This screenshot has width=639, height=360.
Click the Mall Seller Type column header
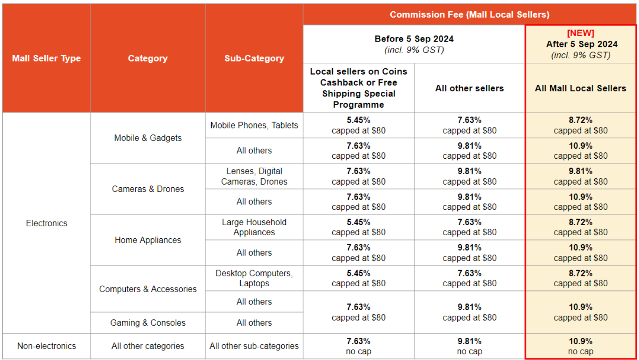point(47,58)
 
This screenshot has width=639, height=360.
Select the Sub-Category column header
point(254,58)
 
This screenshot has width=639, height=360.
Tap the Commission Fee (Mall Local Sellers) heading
point(469,14)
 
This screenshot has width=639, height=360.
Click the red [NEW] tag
point(580,33)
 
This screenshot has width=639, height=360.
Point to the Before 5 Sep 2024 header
point(414,39)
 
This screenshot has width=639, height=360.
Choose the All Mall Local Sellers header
point(580,88)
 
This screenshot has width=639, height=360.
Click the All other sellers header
point(469,88)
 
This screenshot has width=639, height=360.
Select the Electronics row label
point(47,223)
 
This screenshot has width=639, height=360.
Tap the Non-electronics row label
point(47,346)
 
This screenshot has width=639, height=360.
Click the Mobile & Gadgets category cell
point(148,138)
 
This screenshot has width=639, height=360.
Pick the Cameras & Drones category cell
point(148,189)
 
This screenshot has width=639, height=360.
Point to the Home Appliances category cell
point(148,240)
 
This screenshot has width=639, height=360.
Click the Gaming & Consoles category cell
point(148,323)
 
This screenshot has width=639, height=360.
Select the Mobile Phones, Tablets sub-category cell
point(254,125)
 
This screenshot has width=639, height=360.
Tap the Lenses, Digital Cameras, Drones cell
point(254,176)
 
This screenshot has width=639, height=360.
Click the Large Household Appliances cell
point(254,227)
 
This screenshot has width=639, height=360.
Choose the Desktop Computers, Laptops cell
point(254,278)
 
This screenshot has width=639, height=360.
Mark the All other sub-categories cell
point(254,346)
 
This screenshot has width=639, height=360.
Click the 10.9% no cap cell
point(580,346)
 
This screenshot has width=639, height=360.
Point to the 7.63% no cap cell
point(358,346)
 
